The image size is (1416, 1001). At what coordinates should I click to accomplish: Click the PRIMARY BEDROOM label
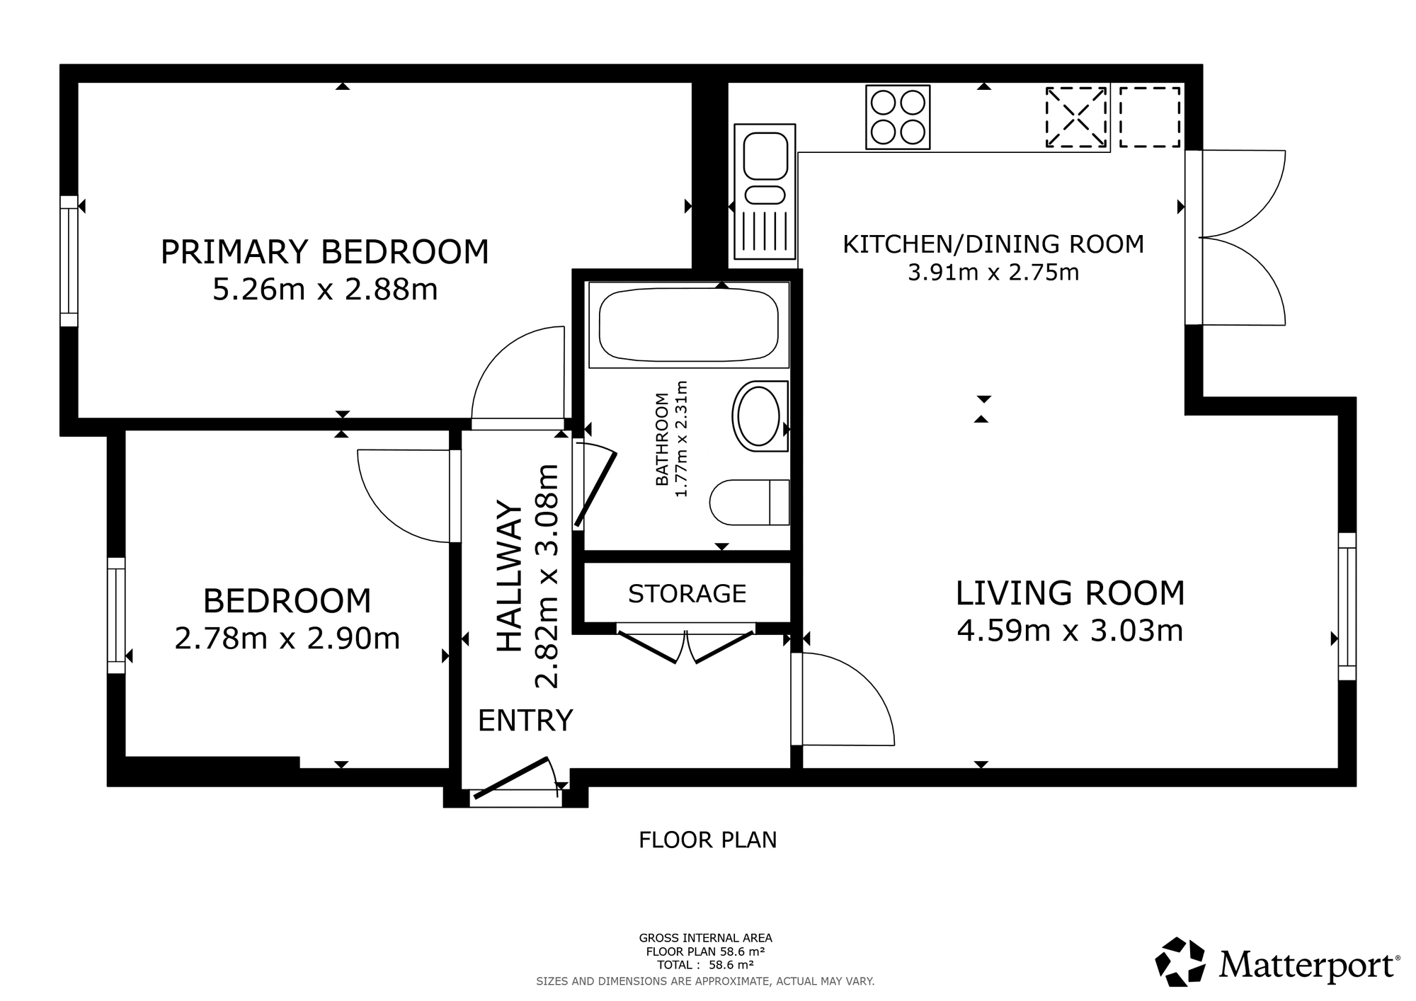point(325,252)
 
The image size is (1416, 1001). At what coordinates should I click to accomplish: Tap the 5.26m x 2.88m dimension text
point(325,290)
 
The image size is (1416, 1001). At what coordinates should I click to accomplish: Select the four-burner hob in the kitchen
point(898,118)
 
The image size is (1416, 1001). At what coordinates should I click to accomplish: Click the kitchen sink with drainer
point(765,192)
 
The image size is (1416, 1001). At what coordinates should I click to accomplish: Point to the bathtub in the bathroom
point(688,325)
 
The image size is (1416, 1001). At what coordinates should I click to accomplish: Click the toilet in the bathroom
point(749,503)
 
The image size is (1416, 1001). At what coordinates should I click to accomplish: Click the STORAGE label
point(687,593)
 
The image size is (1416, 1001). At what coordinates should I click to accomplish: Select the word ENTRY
point(525,721)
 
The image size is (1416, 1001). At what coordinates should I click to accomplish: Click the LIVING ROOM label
point(1070,593)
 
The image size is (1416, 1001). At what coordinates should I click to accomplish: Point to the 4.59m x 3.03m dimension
point(1070,631)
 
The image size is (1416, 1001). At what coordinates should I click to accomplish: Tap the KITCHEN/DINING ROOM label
point(993,244)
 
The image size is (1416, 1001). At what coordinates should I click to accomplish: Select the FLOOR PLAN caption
point(708,840)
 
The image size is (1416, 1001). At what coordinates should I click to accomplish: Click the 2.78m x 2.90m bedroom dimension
point(287,639)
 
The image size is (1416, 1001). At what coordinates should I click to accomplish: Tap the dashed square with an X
point(1077,118)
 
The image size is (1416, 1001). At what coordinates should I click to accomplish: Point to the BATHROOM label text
point(662,439)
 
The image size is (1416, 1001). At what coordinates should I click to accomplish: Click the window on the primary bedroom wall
point(69,261)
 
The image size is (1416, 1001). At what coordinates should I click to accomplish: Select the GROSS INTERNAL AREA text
point(705,939)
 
